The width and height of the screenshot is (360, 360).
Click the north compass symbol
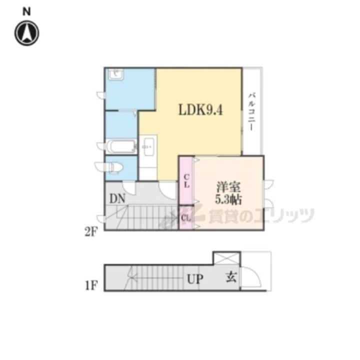(27, 33)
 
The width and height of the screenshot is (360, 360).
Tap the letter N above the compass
(27, 11)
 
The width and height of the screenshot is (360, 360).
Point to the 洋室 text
(228, 187)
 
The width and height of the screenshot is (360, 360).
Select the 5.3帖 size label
(228, 199)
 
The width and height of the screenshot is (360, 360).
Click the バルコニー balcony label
(252, 111)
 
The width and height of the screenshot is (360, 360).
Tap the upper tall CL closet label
(187, 180)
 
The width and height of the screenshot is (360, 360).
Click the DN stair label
(117, 198)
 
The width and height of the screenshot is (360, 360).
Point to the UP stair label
(195, 279)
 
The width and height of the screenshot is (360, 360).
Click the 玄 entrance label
(230, 277)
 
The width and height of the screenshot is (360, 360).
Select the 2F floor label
(91, 232)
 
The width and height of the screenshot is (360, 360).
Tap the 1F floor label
(91, 286)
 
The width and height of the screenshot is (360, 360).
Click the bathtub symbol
(121, 146)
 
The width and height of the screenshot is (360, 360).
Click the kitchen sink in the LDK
(148, 146)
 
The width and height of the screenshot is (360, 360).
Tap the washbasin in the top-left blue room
(116, 74)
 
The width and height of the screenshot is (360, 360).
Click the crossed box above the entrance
(227, 258)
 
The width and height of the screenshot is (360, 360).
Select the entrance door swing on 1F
(252, 276)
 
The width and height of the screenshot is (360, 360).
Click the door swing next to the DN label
(129, 188)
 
